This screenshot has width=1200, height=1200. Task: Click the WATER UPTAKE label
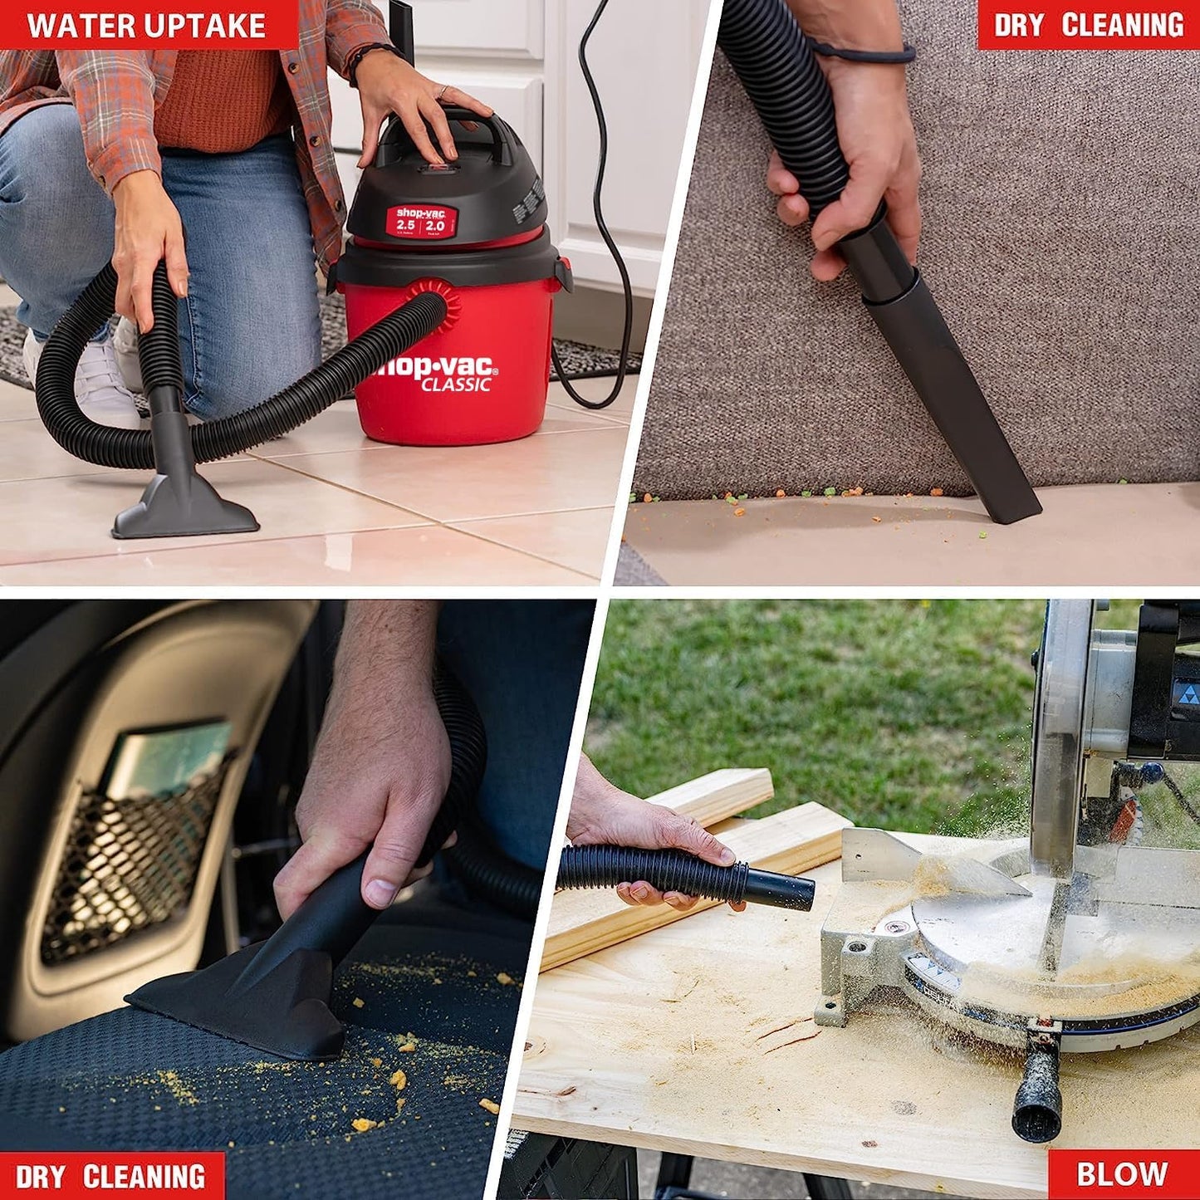click(x=148, y=25)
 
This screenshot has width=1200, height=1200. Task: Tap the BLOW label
click(x=1122, y=1174)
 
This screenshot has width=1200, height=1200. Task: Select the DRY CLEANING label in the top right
click(x=1088, y=25)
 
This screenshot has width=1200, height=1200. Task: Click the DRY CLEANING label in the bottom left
click(x=111, y=1176)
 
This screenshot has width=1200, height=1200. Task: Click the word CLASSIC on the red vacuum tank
click(x=455, y=384)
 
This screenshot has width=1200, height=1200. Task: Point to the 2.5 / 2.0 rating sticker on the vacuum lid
click(x=421, y=223)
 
